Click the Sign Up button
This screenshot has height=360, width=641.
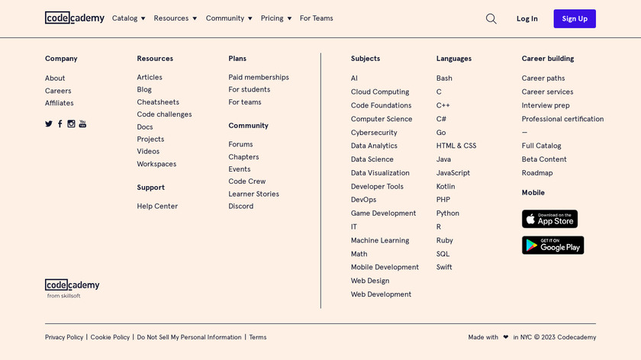tap(575, 18)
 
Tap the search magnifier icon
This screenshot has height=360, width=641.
tap(491, 18)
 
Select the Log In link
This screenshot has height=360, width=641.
tap(527, 18)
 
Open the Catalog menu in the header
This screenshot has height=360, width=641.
tap(128, 18)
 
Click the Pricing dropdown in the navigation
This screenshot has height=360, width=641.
tap(275, 18)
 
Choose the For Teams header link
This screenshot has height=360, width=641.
tap(316, 18)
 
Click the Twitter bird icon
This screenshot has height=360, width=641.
tap(49, 124)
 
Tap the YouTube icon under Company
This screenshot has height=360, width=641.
tap(82, 124)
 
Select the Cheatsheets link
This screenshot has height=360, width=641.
tap(158, 102)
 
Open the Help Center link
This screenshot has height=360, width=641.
tap(157, 206)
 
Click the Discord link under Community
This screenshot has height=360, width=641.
tap(240, 206)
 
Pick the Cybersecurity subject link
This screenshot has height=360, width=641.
tap(374, 133)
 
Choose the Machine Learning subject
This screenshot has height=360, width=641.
tap(380, 240)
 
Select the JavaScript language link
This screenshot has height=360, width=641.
tap(453, 173)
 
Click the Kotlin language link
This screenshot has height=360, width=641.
tap(446, 186)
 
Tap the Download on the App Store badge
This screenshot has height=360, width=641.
tap(549, 219)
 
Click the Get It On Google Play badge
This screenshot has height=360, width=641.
tap(552, 245)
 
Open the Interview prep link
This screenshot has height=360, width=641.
tap(546, 105)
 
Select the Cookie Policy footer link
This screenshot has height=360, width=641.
tap(110, 337)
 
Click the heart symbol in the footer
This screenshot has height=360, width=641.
tap(505, 337)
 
